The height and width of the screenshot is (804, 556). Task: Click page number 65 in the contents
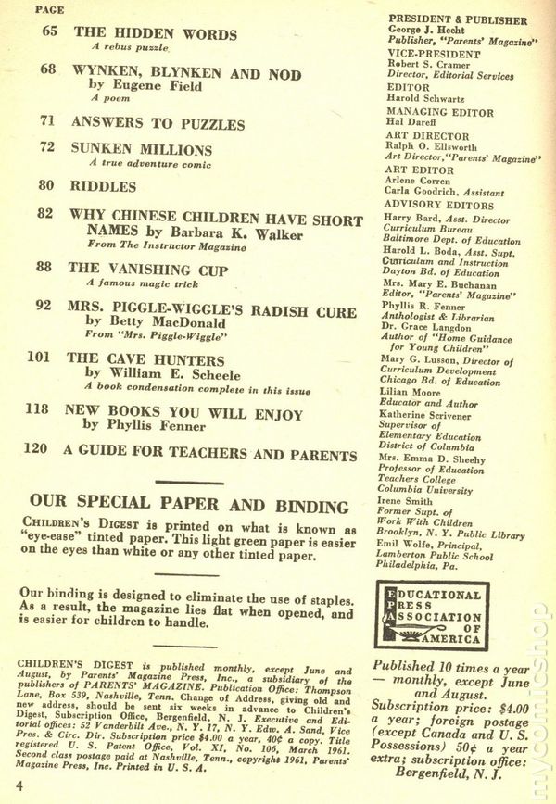click(x=49, y=32)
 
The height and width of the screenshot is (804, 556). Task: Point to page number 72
click(x=49, y=148)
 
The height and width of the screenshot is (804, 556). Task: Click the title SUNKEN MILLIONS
click(x=142, y=149)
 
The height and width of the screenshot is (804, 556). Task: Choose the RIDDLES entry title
click(x=103, y=185)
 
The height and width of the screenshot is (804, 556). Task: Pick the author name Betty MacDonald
click(x=151, y=321)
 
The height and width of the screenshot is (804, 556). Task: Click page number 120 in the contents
click(x=36, y=455)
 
